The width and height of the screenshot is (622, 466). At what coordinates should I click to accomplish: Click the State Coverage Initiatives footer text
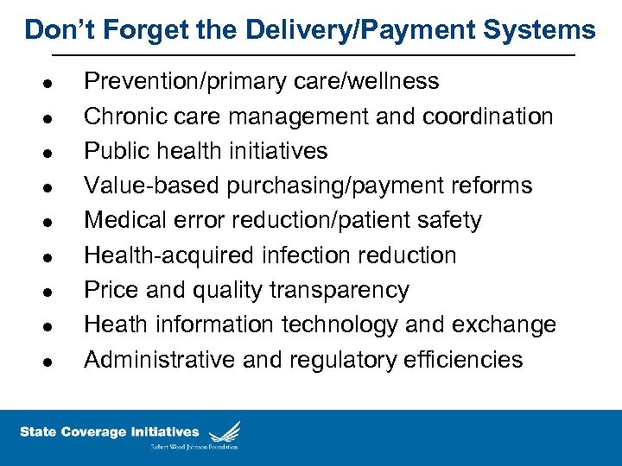(109, 432)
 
